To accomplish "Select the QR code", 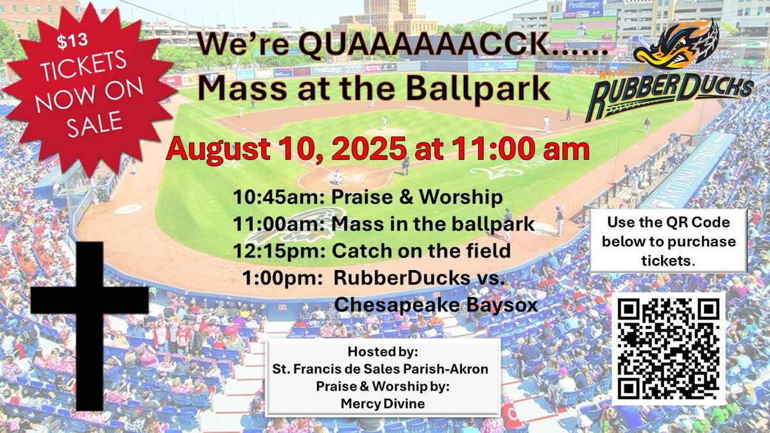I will point(669,349).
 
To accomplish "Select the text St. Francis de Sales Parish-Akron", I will point(383,368).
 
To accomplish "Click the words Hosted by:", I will point(383,352).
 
